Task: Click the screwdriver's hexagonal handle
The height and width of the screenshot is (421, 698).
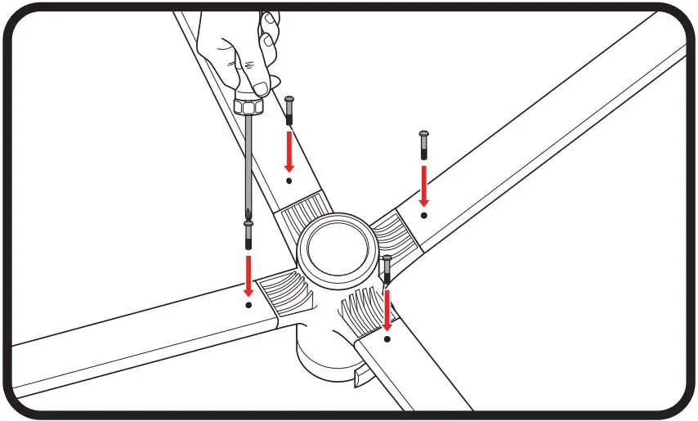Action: [x=248, y=105]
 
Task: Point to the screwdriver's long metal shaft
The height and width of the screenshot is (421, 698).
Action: [x=248, y=163]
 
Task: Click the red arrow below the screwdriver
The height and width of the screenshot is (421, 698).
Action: [x=248, y=274]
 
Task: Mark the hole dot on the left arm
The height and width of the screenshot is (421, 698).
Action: [x=248, y=303]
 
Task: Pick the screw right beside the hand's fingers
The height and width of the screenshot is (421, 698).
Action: [x=289, y=110]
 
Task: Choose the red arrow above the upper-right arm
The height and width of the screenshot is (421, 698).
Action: [x=423, y=186]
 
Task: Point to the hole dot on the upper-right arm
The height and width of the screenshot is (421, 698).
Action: [x=423, y=215]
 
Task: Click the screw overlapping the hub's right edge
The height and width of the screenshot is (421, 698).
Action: [x=387, y=270]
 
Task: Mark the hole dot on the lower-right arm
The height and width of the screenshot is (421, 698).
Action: [x=387, y=337]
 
